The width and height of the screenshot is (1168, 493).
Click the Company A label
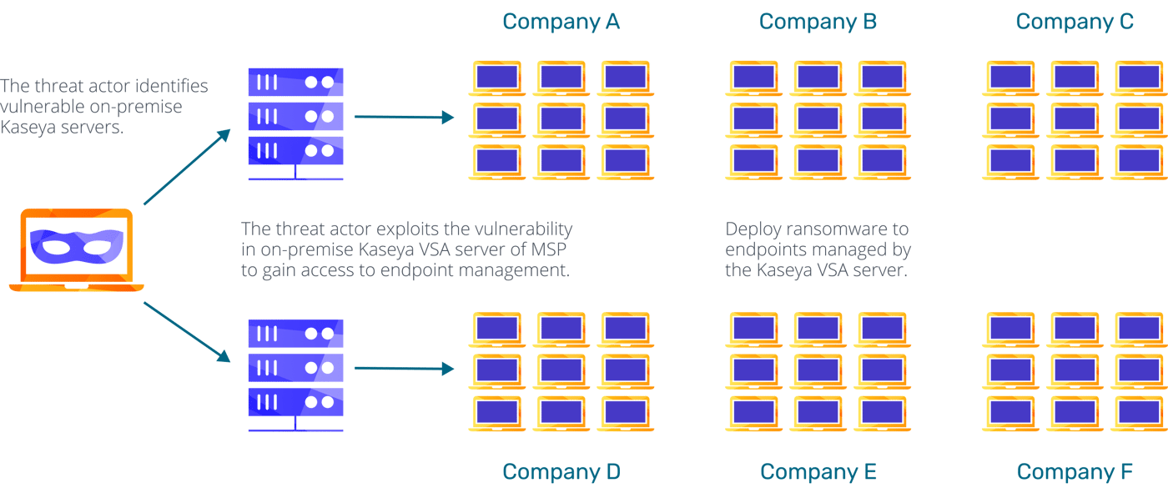[x=561, y=22]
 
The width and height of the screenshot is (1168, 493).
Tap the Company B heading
[x=818, y=22]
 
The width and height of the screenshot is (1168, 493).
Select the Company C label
[x=1075, y=22]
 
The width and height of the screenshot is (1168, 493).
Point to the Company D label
[x=561, y=471]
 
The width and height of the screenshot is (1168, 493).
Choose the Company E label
[x=818, y=471]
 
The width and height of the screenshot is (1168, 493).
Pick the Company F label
[x=1075, y=471]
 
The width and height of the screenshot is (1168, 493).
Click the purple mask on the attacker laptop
[x=77, y=246]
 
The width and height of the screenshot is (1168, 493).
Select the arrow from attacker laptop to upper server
[x=187, y=167]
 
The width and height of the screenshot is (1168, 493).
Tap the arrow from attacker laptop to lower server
[x=187, y=332]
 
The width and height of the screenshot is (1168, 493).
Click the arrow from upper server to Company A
[x=404, y=118]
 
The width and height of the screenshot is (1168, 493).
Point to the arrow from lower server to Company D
[x=404, y=369]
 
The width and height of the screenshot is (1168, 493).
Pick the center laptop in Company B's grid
[x=818, y=120]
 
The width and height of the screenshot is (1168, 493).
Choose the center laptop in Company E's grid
[x=818, y=371]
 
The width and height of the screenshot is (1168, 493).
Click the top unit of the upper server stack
[x=295, y=82]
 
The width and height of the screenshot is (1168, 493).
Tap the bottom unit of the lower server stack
[x=295, y=402]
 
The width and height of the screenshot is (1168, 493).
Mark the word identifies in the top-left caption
[x=169, y=86]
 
